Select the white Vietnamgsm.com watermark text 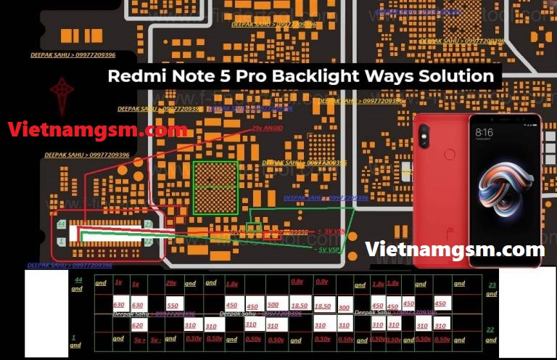pyautogui.click(x=455, y=249)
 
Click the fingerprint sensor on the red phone pyautogui.click(x=450, y=154)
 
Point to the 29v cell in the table pyautogui.click(x=172, y=283)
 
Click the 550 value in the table pyautogui.click(x=173, y=306)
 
